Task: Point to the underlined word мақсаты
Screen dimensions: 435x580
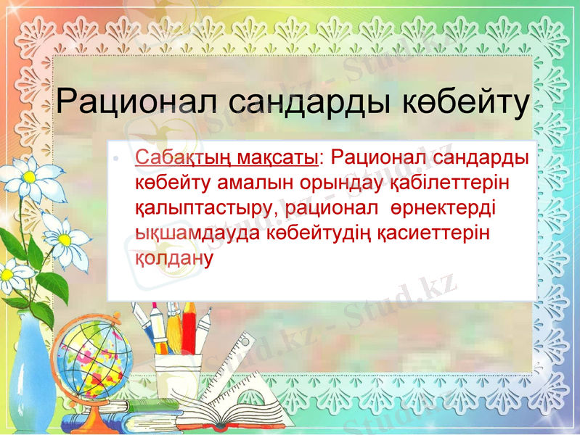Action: [x=280, y=157]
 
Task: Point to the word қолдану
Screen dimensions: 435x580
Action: [x=173, y=258]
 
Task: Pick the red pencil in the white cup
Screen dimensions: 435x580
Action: [x=189, y=326]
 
